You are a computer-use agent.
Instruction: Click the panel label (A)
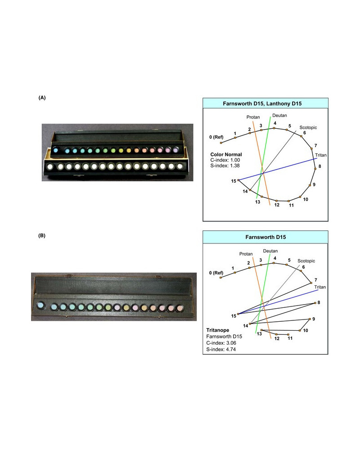(42, 98)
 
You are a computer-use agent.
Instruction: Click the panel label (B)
(42, 236)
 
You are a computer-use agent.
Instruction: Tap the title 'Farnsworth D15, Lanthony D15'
(262, 103)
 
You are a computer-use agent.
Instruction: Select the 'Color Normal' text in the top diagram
(226, 154)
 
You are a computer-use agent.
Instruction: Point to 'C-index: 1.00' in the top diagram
(225, 160)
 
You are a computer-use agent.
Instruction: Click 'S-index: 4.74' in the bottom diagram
(221, 349)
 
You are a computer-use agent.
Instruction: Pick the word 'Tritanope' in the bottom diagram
(218, 330)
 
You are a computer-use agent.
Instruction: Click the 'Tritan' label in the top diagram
(321, 155)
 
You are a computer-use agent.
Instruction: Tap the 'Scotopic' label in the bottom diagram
(306, 261)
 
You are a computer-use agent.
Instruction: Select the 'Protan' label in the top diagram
(253, 117)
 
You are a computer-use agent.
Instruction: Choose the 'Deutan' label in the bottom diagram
(270, 251)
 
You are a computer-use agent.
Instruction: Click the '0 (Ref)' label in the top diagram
(216, 137)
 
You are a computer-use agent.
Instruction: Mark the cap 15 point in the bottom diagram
(238, 314)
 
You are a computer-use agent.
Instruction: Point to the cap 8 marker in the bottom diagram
(315, 303)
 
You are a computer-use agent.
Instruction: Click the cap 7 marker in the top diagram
(311, 148)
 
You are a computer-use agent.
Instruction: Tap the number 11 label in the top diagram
(291, 205)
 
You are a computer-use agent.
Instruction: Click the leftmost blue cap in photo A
(56, 150)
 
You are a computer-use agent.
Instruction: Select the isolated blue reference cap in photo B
(40, 305)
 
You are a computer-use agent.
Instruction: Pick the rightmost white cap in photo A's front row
(180, 166)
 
